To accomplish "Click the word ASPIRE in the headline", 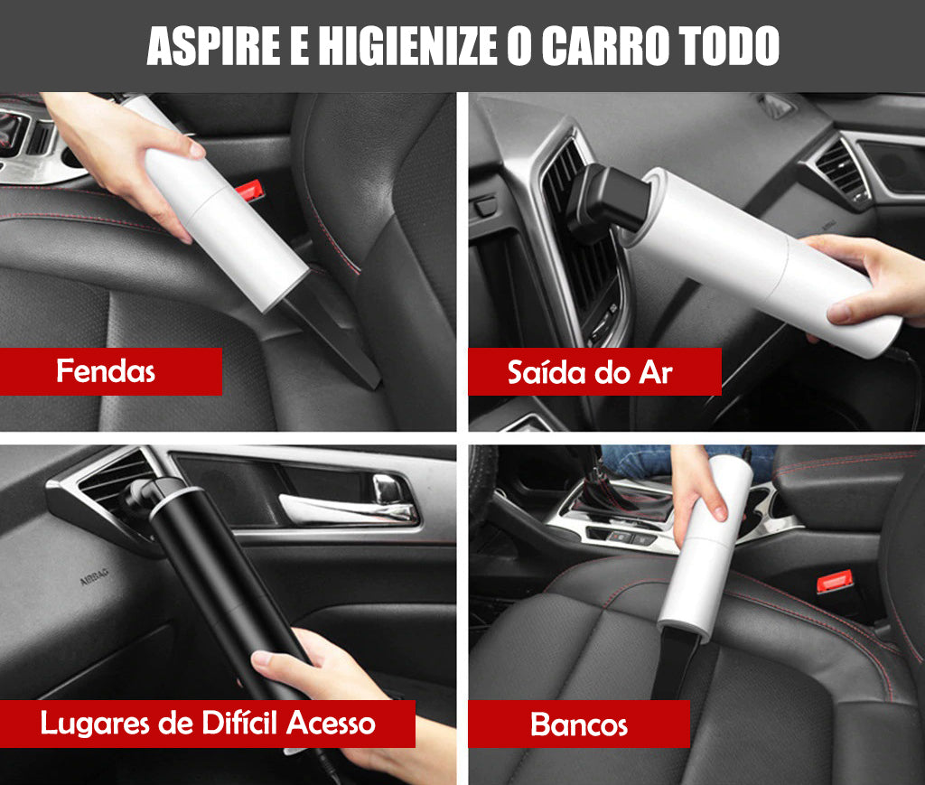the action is point(213,45).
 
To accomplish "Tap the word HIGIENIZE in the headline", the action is point(407,45).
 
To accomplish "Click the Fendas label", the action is point(106,371).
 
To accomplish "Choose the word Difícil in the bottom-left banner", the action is point(239,723).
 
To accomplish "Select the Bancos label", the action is point(579,724).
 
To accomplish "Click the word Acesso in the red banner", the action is point(331,724).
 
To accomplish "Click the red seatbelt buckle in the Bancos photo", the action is point(835,581).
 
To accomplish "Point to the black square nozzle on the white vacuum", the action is point(608,201).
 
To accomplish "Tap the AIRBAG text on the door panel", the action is point(94,577).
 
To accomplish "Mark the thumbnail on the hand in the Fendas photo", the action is point(196,149).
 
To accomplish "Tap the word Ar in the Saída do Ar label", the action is point(656,373).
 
